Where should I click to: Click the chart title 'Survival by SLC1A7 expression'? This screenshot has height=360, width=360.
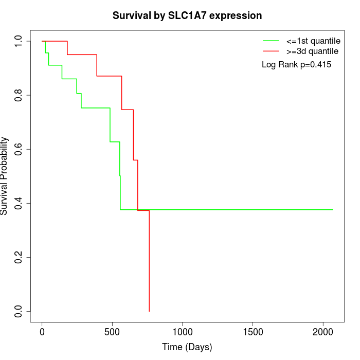[187, 15]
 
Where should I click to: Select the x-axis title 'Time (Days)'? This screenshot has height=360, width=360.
[187, 347]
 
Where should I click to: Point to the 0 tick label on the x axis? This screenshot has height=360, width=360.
[42, 332]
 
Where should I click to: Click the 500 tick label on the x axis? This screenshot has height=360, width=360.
[112, 332]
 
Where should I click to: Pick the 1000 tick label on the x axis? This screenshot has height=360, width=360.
[183, 332]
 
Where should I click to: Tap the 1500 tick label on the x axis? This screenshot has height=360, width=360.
[253, 332]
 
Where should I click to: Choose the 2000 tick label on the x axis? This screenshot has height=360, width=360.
[323, 332]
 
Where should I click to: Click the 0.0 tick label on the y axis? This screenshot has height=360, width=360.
[19, 311]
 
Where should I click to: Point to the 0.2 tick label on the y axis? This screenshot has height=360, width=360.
[19, 257]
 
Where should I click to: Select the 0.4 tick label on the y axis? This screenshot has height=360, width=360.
[19, 203]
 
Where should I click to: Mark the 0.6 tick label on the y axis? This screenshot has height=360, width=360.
[19, 149]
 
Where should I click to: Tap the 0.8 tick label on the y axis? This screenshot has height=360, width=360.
[19, 95]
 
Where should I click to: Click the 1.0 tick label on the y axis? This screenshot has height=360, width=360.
[19, 41]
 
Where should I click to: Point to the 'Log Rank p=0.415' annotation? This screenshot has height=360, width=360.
[296, 65]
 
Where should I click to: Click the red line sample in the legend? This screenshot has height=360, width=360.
[271, 51]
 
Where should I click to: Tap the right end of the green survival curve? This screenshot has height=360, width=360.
[333, 210]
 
